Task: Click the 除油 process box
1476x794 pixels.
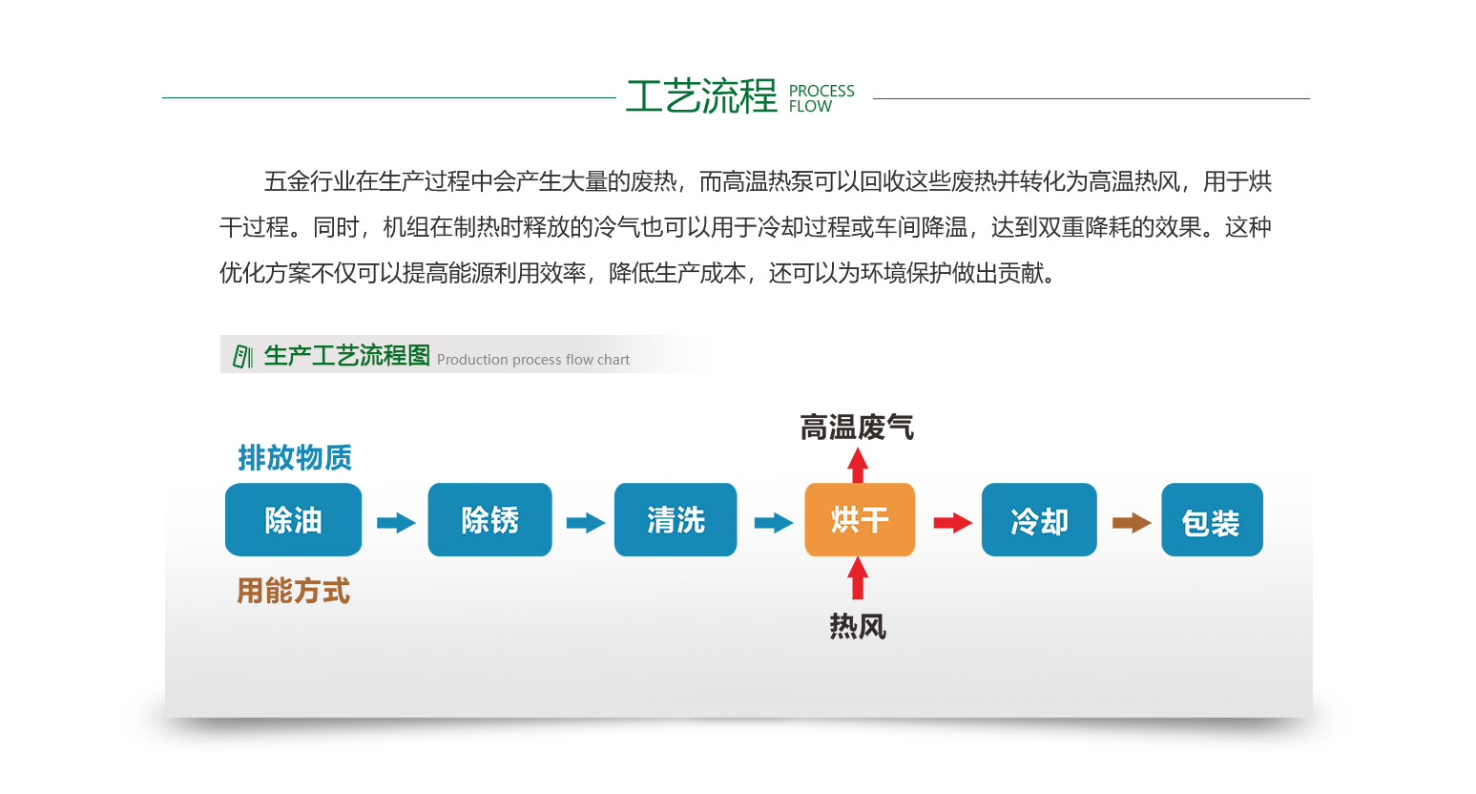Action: coord(293,520)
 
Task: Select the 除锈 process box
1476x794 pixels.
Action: coord(489,520)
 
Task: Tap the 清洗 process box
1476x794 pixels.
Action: coord(676,520)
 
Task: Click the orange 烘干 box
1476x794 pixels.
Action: coord(860,520)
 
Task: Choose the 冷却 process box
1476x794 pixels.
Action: coord(1039,520)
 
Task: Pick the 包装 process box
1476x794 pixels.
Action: coord(1212,520)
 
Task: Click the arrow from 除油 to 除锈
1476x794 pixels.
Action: coord(396,523)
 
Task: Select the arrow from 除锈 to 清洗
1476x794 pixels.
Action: coord(586,523)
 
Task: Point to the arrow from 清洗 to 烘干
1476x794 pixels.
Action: coord(774,523)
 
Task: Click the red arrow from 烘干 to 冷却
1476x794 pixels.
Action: coord(953,523)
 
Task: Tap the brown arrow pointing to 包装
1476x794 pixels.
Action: coord(1132,523)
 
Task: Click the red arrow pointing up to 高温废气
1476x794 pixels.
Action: coord(858,465)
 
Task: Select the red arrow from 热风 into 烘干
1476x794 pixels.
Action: coord(858,578)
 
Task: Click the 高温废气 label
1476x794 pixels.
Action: coord(857,428)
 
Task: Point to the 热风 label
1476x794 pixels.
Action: coord(858,626)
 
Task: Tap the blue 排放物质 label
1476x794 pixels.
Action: coord(295,457)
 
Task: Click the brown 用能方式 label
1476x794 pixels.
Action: coord(293,591)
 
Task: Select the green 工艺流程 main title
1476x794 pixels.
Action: coord(702,96)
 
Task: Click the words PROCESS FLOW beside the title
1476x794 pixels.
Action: coord(821,98)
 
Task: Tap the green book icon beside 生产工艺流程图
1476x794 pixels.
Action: coord(242,357)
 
